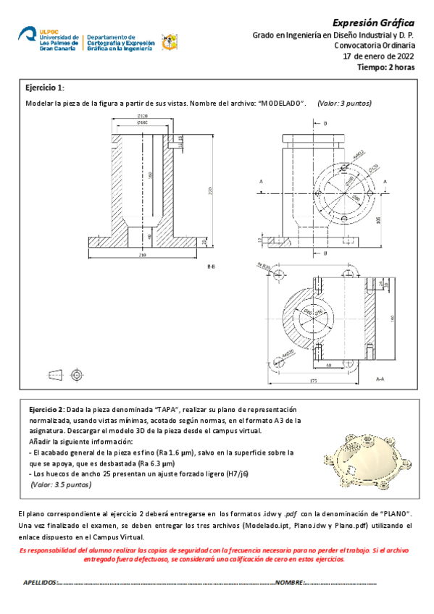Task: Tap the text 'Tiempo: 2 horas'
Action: [x=387, y=67]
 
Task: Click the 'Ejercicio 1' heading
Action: [x=45, y=87]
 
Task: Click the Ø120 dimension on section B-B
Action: [x=143, y=116]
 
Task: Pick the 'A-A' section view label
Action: [x=380, y=379]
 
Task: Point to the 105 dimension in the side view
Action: [x=378, y=219]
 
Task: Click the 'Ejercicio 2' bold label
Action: [x=47, y=408]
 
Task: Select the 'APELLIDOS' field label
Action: [x=39, y=581]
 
